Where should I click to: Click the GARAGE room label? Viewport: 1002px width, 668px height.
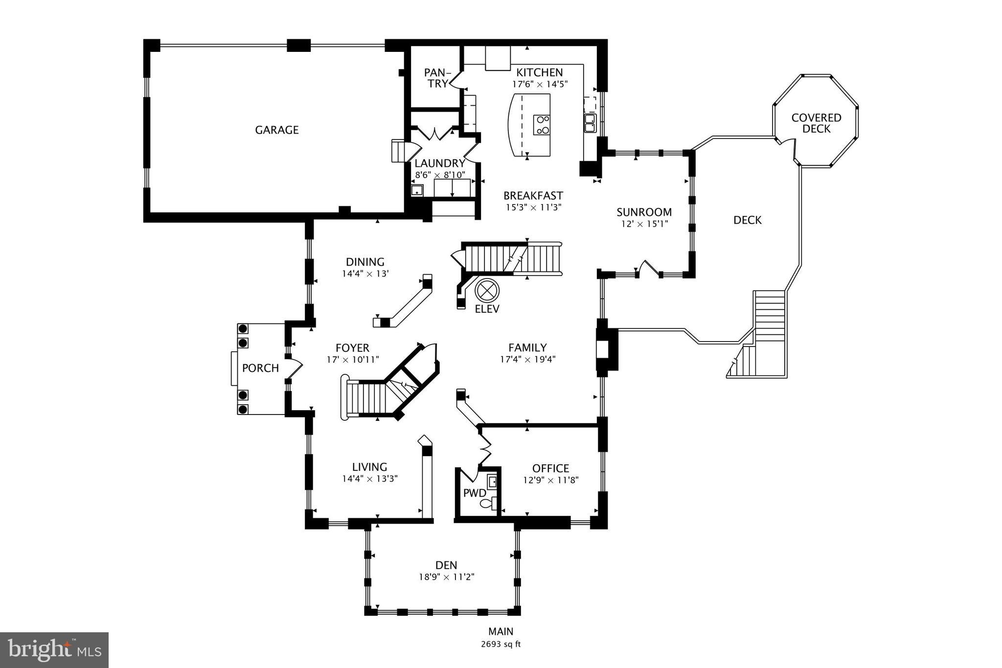pyautogui.click(x=276, y=130)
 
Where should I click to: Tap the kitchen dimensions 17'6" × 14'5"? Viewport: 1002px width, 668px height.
pyautogui.click(x=540, y=84)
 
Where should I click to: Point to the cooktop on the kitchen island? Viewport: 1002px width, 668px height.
pyautogui.click(x=542, y=124)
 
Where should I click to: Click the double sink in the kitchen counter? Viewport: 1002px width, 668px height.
pyautogui.click(x=590, y=123)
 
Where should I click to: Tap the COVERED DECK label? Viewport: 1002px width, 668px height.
pyautogui.click(x=816, y=123)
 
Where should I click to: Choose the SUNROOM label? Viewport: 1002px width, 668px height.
pyautogui.click(x=644, y=212)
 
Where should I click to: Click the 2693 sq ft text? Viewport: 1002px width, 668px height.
pyautogui.click(x=501, y=644)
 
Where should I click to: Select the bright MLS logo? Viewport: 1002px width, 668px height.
pyautogui.click(x=54, y=650)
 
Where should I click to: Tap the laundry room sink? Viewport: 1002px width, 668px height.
pyautogui.click(x=417, y=190)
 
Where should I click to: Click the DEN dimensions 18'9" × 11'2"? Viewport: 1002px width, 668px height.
pyautogui.click(x=446, y=577)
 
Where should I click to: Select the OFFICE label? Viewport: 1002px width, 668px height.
pyautogui.click(x=550, y=468)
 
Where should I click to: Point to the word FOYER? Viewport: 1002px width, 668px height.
pyautogui.click(x=352, y=348)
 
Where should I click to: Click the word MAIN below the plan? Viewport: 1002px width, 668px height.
pyautogui.click(x=501, y=631)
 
